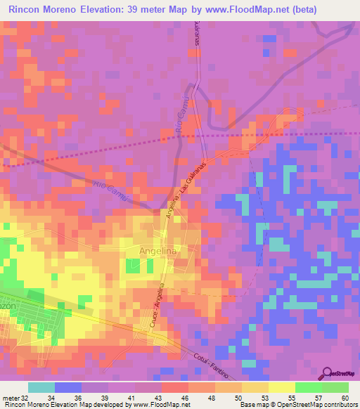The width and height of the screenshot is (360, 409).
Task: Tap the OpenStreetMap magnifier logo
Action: click(327, 373)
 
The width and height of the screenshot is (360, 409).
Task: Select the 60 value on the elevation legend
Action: click(345, 397)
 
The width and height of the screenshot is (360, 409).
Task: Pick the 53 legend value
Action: click(245, 397)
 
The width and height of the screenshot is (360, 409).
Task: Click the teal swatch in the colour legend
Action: click(41, 387)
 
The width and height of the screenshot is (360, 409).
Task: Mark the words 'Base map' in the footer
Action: click(253, 405)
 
